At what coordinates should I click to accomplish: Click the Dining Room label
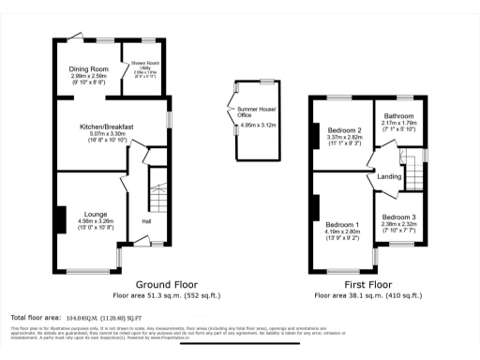coord(89,69)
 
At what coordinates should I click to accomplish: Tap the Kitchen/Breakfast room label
coord(107,127)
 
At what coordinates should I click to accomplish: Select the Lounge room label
coord(96,213)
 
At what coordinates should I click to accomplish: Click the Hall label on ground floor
coord(146,221)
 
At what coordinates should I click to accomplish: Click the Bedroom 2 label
coord(344,130)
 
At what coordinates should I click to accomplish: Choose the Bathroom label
coord(398,116)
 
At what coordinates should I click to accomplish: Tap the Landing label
coord(389,176)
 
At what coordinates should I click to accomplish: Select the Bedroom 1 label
coord(342,225)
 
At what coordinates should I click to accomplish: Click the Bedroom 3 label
coord(400,217)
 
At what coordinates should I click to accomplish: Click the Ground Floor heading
coord(166,283)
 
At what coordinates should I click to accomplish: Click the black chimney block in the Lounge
coord(61,219)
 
